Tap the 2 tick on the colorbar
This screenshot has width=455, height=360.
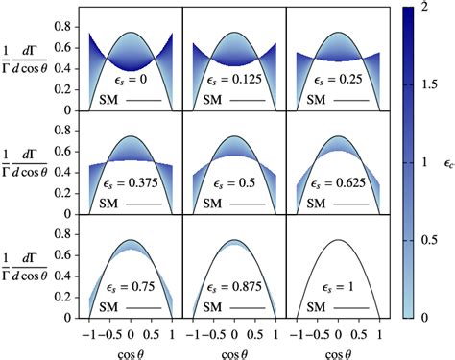coord(422,8)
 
